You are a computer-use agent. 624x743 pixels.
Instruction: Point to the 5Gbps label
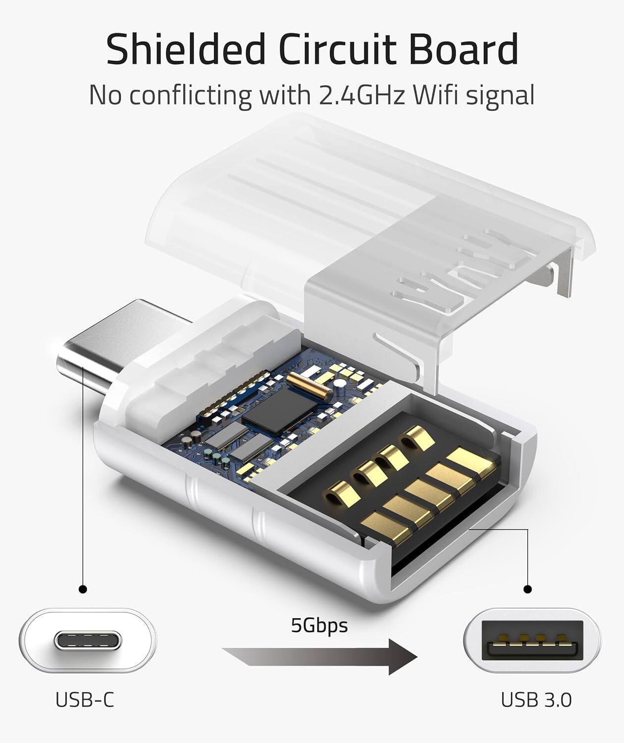pyautogui.click(x=319, y=625)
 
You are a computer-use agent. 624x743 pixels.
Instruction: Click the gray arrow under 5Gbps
pyautogui.click(x=319, y=656)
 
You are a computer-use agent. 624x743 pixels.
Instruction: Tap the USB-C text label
pyautogui.click(x=85, y=700)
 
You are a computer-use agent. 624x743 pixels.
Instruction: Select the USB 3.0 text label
pyautogui.click(x=536, y=700)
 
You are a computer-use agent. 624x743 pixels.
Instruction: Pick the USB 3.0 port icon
pyautogui.click(x=532, y=641)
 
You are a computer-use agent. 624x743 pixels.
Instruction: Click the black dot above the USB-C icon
pyautogui.click(x=83, y=589)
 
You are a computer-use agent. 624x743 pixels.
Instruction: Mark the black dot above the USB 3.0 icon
pyautogui.click(x=528, y=589)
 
